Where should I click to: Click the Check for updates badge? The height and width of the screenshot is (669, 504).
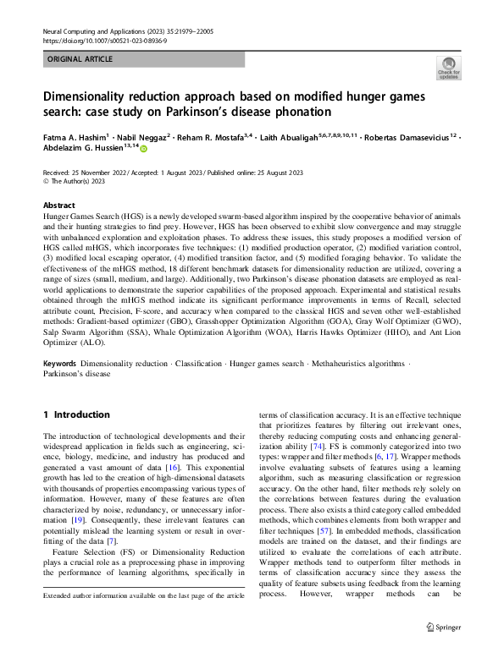(448, 67)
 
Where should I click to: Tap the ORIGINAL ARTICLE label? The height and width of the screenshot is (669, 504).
(80, 60)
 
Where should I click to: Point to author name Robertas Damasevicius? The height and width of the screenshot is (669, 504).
(410, 135)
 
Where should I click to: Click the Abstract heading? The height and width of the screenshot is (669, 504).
(59, 206)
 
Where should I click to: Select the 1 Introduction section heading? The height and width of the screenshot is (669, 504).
(76, 415)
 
